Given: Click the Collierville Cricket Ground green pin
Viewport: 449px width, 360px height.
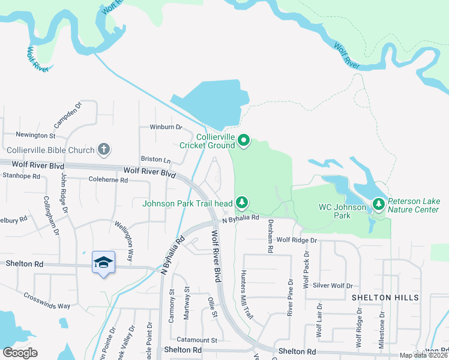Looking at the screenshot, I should tap(244, 141).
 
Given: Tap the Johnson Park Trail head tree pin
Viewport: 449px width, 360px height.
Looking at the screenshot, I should tap(241, 203).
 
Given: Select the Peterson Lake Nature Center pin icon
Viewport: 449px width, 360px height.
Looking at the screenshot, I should tap(379, 205).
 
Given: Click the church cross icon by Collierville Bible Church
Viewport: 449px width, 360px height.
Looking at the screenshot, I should tap(104, 149).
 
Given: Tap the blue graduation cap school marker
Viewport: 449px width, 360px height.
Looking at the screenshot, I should tap(103, 263).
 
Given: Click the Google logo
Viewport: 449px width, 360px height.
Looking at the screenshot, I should tap(20, 352).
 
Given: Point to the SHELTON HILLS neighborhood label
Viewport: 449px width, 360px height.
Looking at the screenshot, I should tap(384, 298).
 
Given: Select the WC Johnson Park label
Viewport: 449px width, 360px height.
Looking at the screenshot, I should tap(342, 211).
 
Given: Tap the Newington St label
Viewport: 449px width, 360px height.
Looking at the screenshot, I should tap(35, 136).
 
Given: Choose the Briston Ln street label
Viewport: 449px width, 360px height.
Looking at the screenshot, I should tap(155, 160).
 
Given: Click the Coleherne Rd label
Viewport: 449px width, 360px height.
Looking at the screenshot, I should tap(108, 179).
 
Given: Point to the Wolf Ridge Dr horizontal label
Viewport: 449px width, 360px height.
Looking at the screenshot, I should tap(296, 240).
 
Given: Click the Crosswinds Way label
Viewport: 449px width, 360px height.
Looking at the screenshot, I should tap(47, 301).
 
